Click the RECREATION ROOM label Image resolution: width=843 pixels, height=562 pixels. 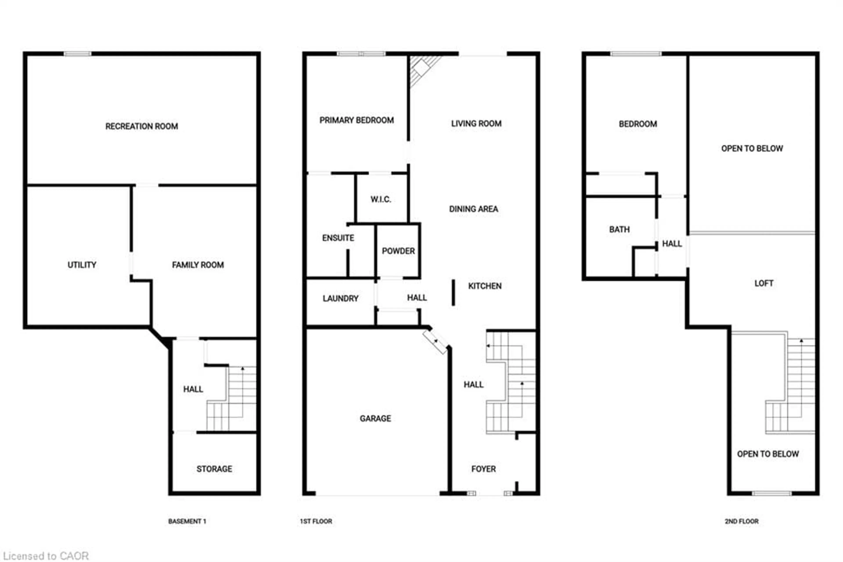(141, 126)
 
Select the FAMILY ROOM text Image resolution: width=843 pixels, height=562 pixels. (198, 265)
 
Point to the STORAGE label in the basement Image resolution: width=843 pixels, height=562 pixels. (214, 469)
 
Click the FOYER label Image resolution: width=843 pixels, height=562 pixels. (483, 469)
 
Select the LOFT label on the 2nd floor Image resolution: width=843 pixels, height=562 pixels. (764, 283)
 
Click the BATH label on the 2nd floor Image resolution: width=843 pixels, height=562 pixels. (619, 229)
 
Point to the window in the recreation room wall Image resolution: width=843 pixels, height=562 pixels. (77, 54)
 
